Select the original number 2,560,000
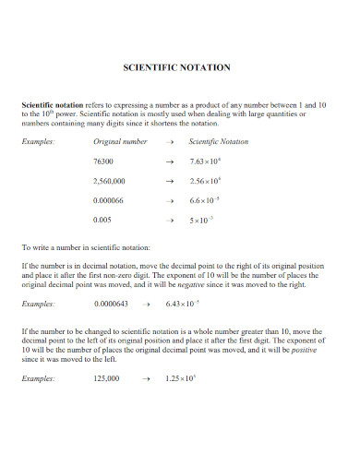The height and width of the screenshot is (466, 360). click(x=110, y=182)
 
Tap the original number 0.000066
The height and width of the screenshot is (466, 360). click(x=110, y=201)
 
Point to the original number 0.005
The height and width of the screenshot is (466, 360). click(x=103, y=221)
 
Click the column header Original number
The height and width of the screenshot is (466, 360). click(x=120, y=142)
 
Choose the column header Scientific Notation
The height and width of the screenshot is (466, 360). click(x=218, y=142)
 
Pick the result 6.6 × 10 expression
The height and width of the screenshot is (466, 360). click(x=204, y=201)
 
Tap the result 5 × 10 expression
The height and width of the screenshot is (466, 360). click(x=201, y=221)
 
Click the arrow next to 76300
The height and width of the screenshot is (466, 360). click(x=168, y=161)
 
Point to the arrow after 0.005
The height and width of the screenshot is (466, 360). click(x=168, y=221)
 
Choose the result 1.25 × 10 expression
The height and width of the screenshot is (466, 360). click(x=180, y=379)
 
